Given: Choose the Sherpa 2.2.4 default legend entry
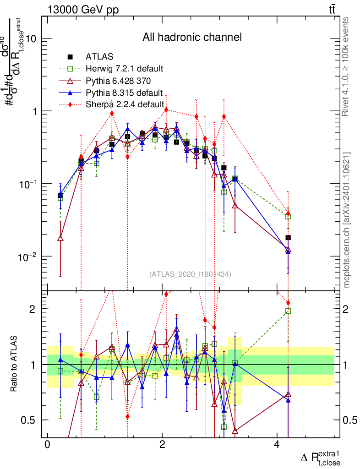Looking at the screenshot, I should (x=125, y=104).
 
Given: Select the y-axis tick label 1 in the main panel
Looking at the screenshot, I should (x=36, y=111).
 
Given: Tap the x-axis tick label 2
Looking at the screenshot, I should (x=162, y=445).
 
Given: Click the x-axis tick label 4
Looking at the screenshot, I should (x=277, y=445).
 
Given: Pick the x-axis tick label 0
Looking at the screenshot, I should (x=47, y=445).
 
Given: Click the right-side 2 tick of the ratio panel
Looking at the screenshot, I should (x=348, y=309).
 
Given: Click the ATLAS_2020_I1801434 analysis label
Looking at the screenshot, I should (x=190, y=274).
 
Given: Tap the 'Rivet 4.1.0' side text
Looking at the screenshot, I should (x=347, y=66).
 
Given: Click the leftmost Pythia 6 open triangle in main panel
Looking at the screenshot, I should (x=60, y=238).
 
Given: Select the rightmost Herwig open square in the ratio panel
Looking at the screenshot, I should (x=288, y=311).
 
